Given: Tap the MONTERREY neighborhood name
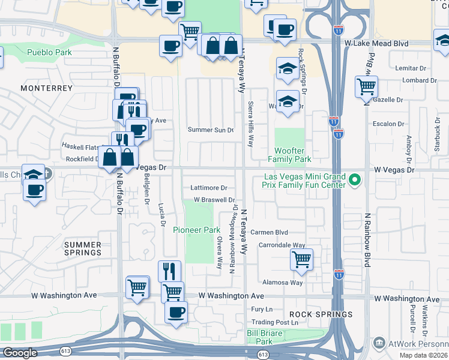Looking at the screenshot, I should point(46,88).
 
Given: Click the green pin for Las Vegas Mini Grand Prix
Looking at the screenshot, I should point(355,179).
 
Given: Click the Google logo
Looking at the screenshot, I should point(20,353).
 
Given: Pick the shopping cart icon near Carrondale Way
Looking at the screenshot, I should point(301,260).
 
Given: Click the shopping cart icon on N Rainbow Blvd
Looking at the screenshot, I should point(366,86).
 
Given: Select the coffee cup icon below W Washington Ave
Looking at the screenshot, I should point(176,312).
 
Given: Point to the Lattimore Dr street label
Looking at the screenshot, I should point(209,188).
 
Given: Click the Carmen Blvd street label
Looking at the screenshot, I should point(273,232).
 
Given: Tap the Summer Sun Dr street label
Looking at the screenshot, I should point(210,130).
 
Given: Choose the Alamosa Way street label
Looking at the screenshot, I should point(282,282).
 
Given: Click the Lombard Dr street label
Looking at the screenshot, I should point(420,80).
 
